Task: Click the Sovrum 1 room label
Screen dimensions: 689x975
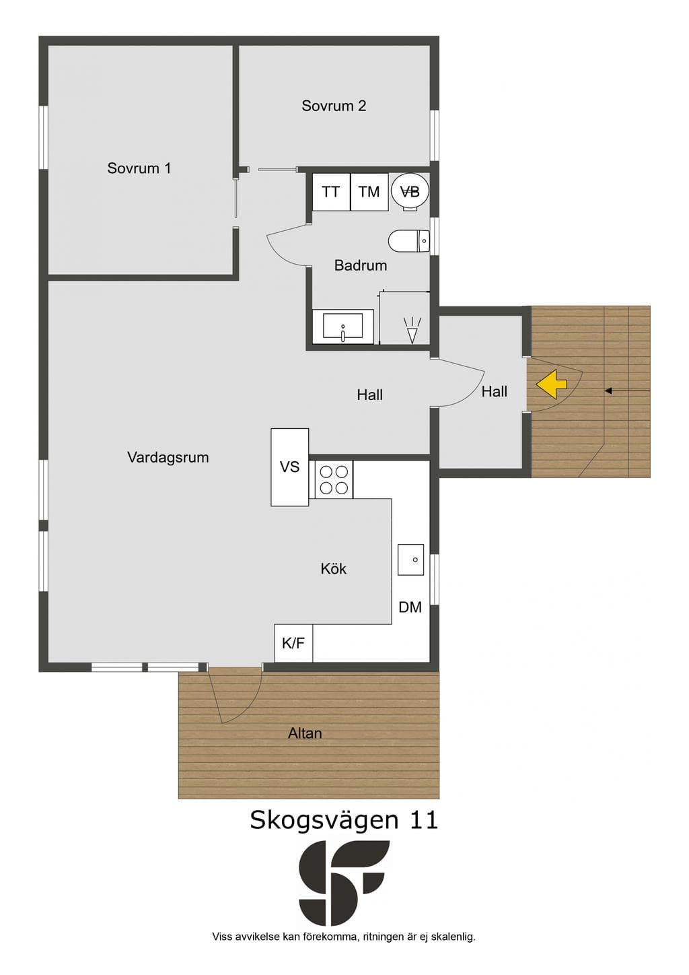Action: pyautogui.click(x=139, y=168)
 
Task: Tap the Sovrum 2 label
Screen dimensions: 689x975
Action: pyautogui.click(x=334, y=106)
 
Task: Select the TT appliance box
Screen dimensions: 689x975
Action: pyautogui.click(x=331, y=191)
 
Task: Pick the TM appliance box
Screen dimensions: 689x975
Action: pyautogui.click(x=369, y=191)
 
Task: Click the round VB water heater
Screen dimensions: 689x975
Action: pyautogui.click(x=410, y=191)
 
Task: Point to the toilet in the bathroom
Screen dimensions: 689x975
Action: pyautogui.click(x=409, y=240)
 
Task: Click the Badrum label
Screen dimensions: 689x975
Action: pyautogui.click(x=361, y=265)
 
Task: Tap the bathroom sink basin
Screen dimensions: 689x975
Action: pyautogui.click(x=342, y=326)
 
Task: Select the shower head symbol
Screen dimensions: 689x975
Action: pyautogui.click(x=412, y=329)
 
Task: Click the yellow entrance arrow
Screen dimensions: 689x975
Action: pyautogui.click(x=551, y=384)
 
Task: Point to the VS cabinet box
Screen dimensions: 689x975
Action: pyautogui.click(x=290, y=467)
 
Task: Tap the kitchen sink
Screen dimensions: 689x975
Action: pyautogui.click(x=410, y=560)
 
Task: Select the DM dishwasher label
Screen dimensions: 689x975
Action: pyautogui.click(x=410, y=607)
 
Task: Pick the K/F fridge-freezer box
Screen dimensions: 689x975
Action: pyautogui.click(x=293, y=643)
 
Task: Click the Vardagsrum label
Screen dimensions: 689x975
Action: pyautogui.click(x=168, y=457)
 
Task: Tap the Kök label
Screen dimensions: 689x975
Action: pyautogui.click(x=334, y=568)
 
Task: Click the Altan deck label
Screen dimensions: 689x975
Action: pyautogui.click(x=305, y=733)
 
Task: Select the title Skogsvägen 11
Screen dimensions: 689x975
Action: pyautogui.click(x=344, y=820)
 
